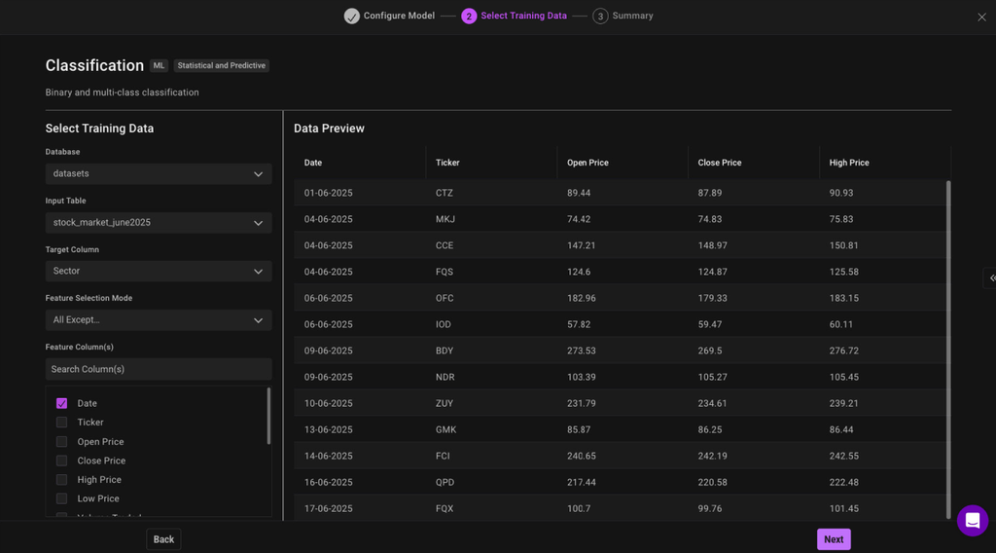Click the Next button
(834, 539)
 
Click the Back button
(163, 539)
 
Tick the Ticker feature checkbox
(62, 423)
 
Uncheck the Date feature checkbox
(62, 403)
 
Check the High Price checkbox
(62, 480)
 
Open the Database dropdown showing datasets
(159, 173)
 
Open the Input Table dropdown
(159, 222)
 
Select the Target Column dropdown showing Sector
(159, 271)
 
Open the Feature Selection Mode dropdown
(159, 319)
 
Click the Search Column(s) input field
(159, 369)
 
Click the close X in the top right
(981, 17)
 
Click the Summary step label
(632, 16)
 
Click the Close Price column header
(720, 163)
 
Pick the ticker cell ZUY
(445, 403)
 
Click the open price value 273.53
(582, 350)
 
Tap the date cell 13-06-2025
(329, 429)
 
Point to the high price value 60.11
(841, 324)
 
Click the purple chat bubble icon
(972, 521)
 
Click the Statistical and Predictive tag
(221, 65)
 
